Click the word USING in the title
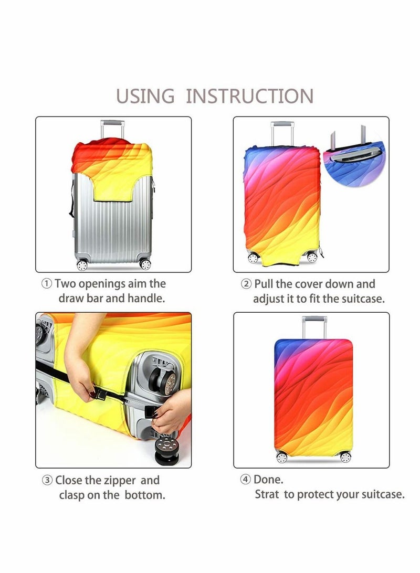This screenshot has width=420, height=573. point(145,96)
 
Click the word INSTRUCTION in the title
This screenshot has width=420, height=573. point(250,96)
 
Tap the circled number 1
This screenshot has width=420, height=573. point(46,283)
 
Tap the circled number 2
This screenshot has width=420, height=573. point(246,284)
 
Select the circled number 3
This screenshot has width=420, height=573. point(47,480)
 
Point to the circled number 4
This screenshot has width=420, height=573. point(245,480)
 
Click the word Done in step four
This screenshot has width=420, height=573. point(268,480)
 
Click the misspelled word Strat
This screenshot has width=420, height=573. point(267,494)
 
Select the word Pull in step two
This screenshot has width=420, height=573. point(264,284)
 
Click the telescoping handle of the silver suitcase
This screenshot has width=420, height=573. point(112,130)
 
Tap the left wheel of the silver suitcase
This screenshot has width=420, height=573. point(82,264)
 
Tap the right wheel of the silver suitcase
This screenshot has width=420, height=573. point(145,263)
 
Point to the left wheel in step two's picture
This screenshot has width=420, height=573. point(253,258)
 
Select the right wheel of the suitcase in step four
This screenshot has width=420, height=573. point(345,457)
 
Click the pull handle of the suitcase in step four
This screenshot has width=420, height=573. point(314,327)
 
